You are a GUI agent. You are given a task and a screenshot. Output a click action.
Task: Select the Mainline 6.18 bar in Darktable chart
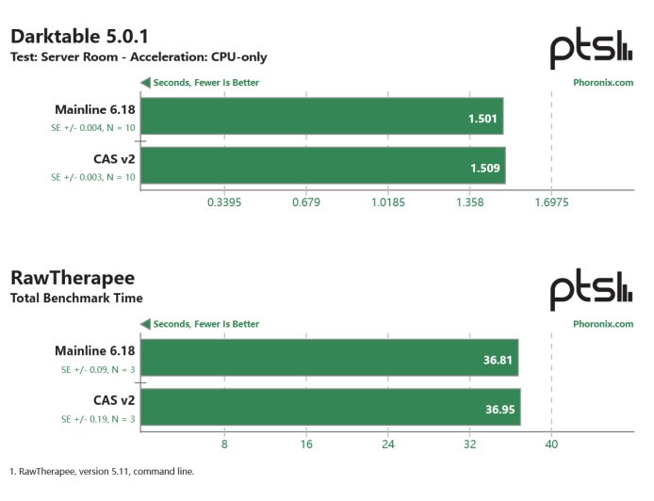tap(321, 118)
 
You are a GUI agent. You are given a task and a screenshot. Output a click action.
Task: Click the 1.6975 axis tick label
tap(551, 202)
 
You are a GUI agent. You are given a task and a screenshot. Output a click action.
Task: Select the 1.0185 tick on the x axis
tap(388, 202)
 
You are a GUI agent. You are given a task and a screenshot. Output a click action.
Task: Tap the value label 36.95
tap(499, 410)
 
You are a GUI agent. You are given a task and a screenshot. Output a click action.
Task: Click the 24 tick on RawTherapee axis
tap(388, 443)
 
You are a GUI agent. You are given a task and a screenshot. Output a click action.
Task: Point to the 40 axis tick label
tap(552, 443)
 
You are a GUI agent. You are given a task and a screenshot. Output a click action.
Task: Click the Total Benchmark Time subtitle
tap(76, 299)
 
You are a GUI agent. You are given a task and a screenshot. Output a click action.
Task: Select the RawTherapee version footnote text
tap(102, 470)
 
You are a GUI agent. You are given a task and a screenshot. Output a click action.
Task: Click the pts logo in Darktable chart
tap(591, 49)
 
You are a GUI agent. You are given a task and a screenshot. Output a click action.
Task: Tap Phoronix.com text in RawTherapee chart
tap(603, 324)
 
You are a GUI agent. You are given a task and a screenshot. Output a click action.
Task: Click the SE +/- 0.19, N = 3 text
tap(97, 419)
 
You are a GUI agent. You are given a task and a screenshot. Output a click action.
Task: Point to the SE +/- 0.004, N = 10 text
tap(93, 126)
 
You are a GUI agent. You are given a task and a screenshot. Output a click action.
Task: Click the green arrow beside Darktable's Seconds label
tap(145, 83)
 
